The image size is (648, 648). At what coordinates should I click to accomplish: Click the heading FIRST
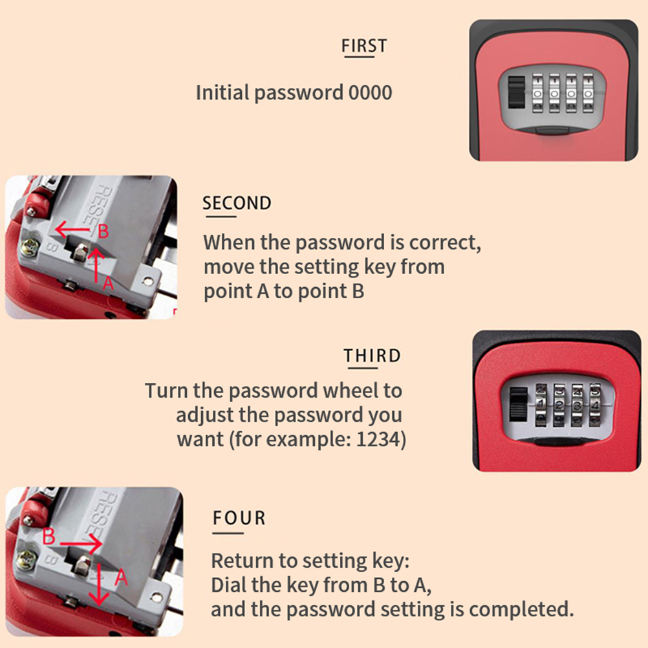(364, 45)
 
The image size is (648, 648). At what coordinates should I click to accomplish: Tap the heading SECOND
(237, 203)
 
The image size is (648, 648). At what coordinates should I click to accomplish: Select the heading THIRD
(373, 356)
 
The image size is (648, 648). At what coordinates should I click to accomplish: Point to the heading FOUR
(239, 518)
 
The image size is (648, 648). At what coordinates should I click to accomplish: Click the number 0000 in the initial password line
(371, 92)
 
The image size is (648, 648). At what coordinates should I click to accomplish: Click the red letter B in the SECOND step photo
(103, 232)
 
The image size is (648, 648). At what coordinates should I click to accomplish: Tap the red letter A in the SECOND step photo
(107, 283)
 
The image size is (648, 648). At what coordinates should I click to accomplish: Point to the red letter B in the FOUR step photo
(49, 536)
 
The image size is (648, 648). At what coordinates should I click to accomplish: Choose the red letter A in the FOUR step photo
(121, 577)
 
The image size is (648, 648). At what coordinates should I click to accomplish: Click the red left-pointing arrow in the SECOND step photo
(72, 230)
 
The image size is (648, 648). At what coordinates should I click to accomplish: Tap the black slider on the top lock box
(516, 92)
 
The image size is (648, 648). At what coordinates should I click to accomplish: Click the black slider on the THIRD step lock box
(519, 404)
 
